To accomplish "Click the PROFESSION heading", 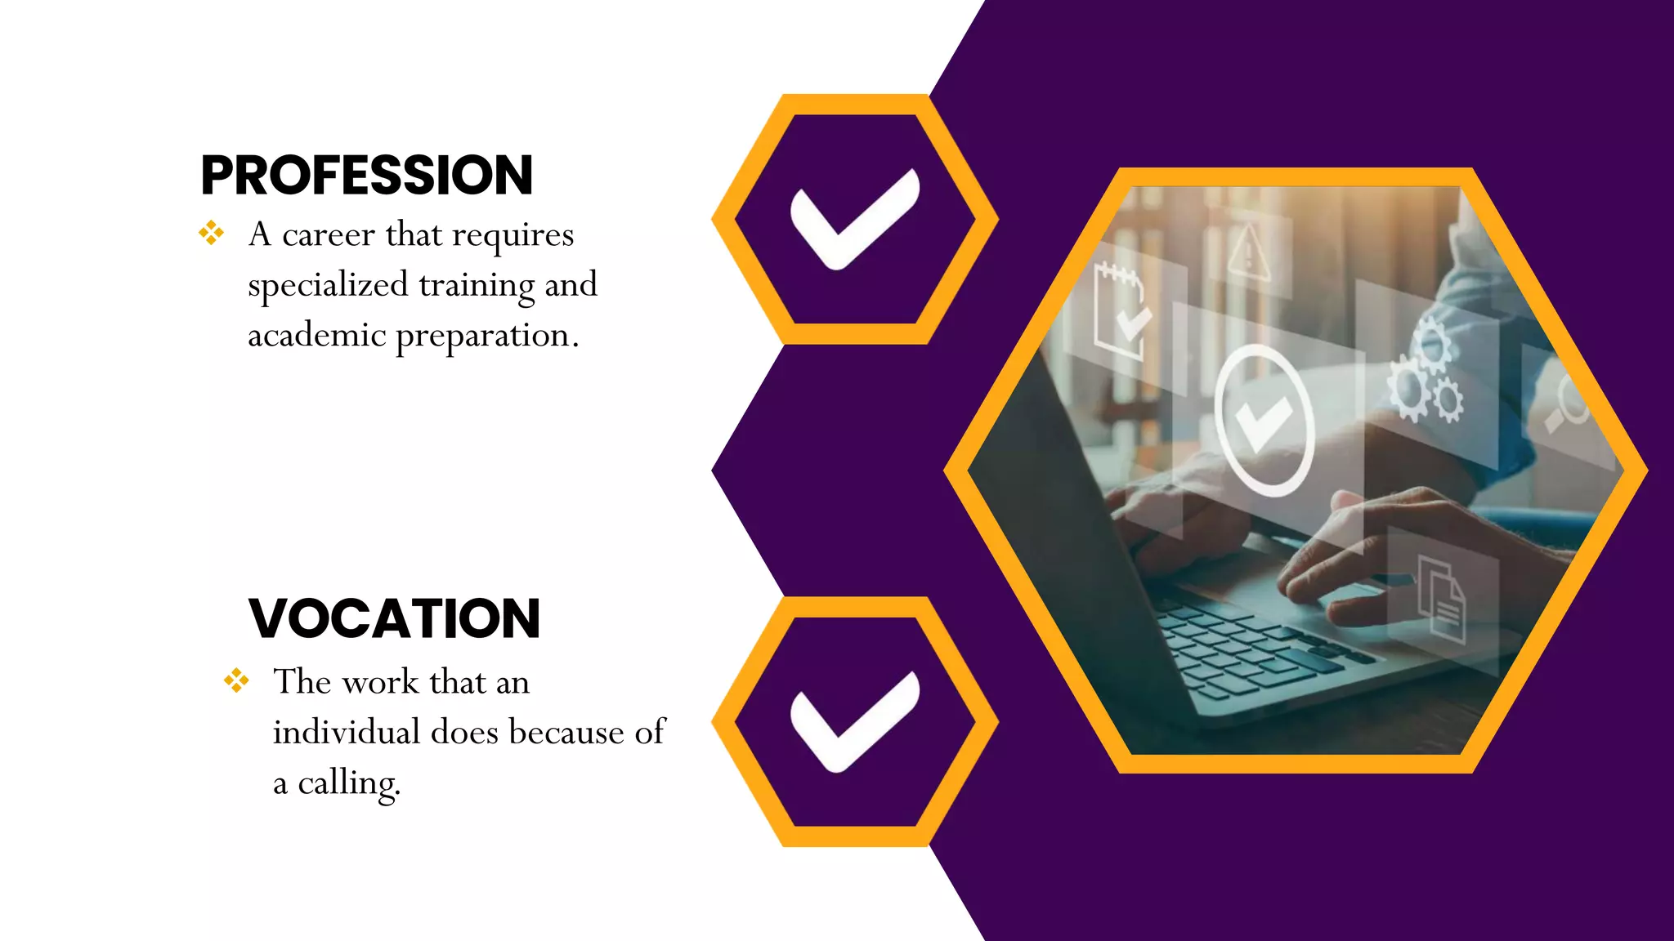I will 367,176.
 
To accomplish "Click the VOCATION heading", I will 394,618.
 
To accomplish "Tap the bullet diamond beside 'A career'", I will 211,233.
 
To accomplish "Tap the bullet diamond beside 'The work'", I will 236,680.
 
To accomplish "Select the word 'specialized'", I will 328,285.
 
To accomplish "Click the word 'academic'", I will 316,335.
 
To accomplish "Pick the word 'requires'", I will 512,235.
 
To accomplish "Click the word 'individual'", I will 346,732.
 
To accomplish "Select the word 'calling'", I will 349,783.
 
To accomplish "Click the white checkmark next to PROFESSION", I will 855,218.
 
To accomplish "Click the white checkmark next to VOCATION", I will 855,721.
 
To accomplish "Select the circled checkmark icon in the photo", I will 1264,420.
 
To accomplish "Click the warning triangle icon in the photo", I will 1248,254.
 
